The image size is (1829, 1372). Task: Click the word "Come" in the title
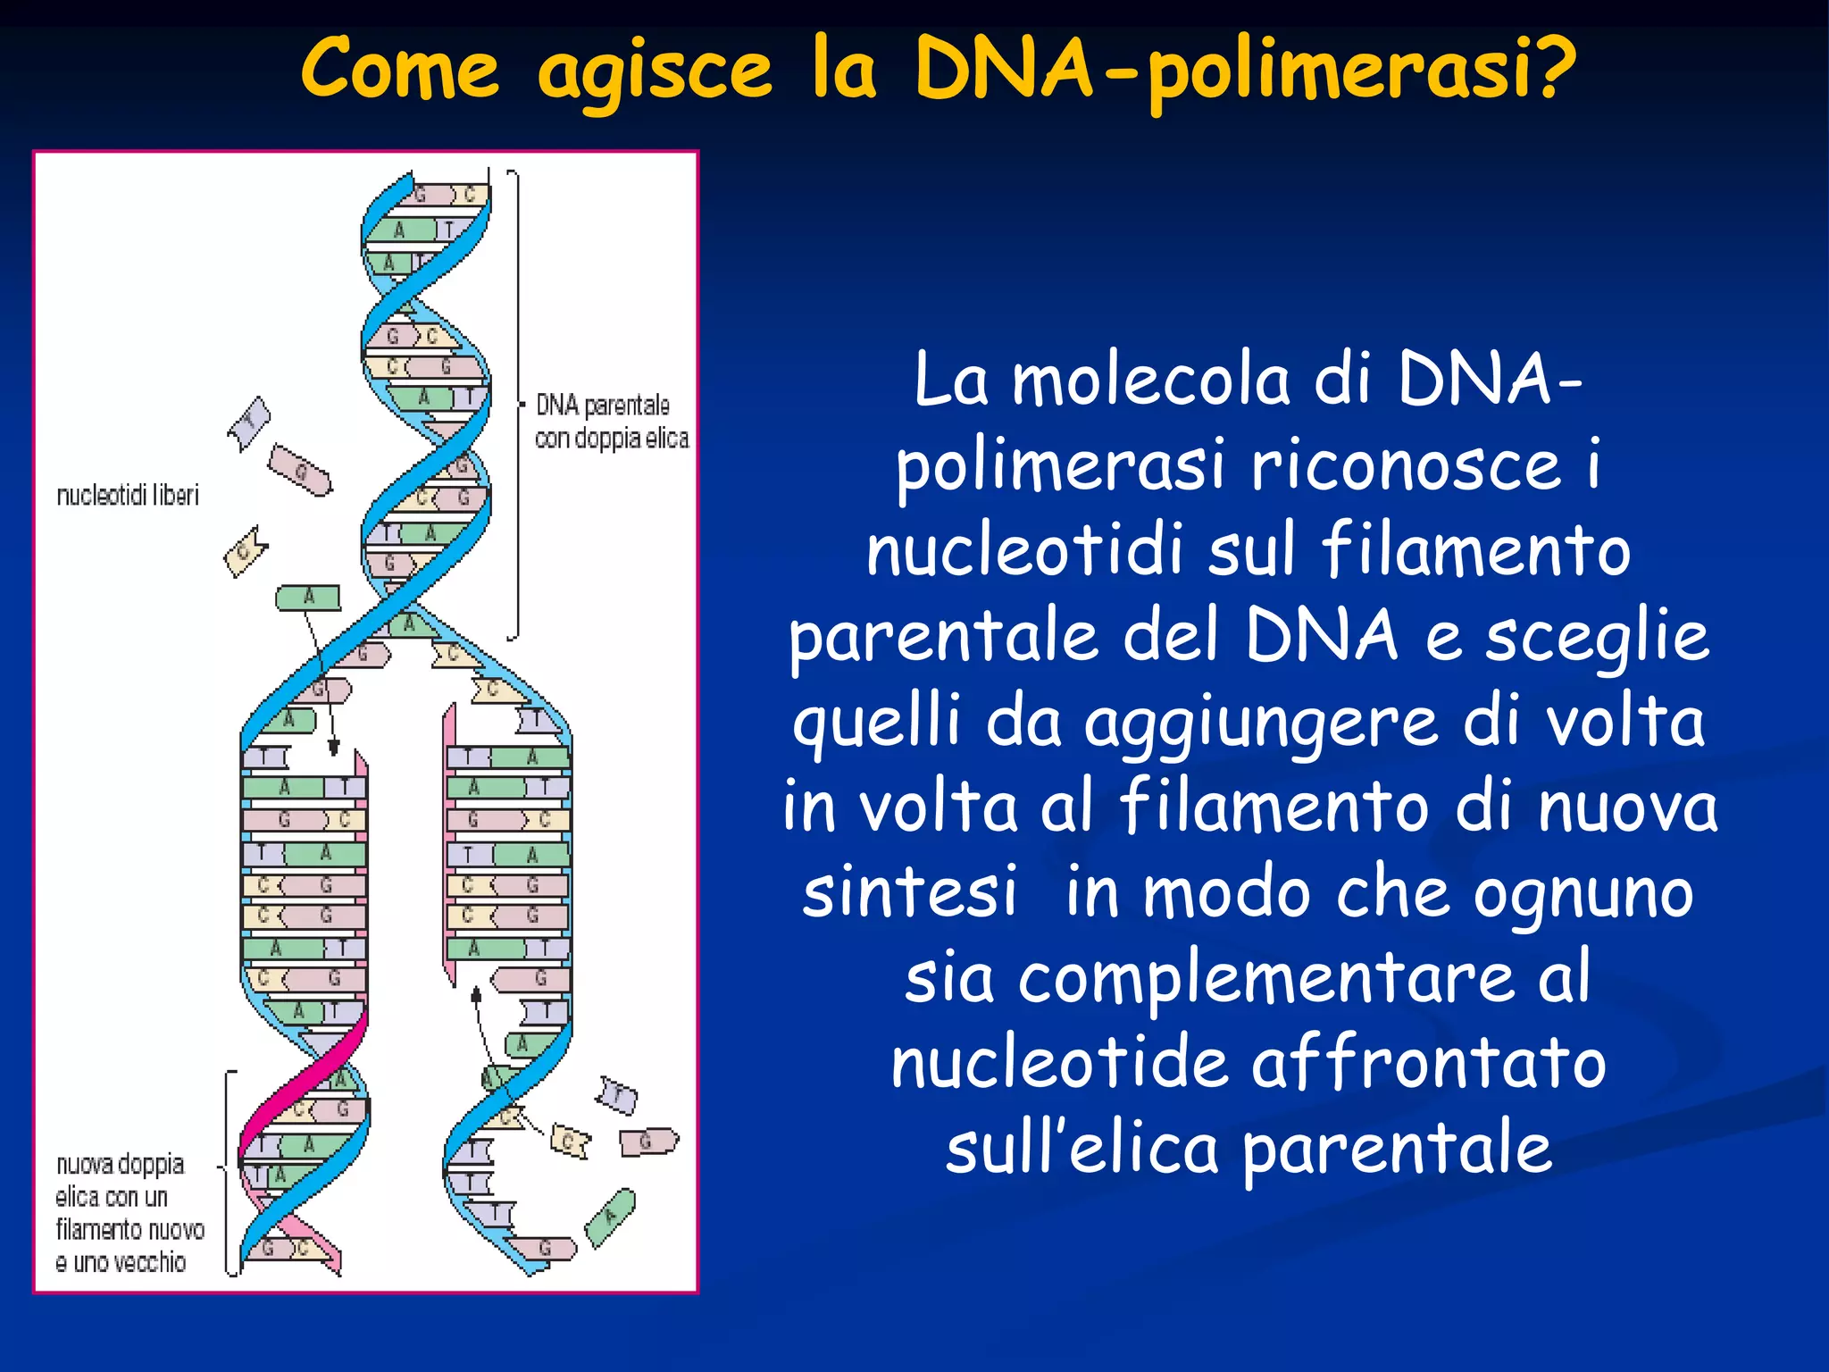click(x=399, y=70)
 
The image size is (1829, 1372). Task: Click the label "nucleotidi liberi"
click(x=128, y=495)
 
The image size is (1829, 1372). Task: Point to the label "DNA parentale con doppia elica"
click(x=612, y=421)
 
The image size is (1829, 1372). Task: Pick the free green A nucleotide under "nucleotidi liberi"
click(x=307, y=597)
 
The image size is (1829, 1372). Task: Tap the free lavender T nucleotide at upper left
click(x=249, y=422)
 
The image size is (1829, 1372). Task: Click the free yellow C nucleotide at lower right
click(x=569, y=1141)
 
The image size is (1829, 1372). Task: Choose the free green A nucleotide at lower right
click(x=610, y=1217)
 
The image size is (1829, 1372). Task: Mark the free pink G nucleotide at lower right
click(x=647, y=1141)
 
